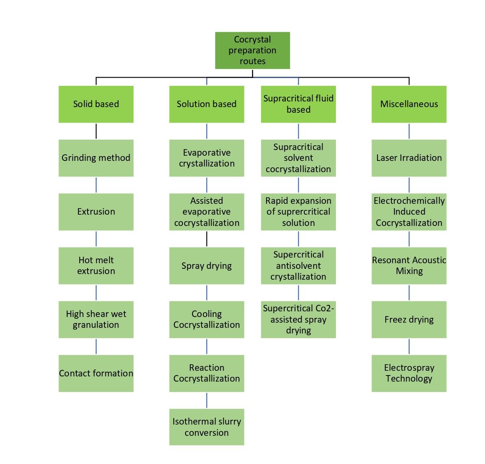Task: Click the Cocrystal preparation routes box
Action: tap(252, 50)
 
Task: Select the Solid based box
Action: tap(96, 104)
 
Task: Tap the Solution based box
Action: tap(206, 104)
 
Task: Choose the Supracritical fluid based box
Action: tap(298, 104)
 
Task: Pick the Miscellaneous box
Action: tap(409, 104)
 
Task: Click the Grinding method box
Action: tap(96, 158)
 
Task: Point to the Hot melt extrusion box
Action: tap(96, 265)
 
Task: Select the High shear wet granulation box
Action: tap(96, 319)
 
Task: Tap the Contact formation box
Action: tap(96, 373)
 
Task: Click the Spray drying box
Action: tap(206, 265)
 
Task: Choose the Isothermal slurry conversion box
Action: tap(206, 427)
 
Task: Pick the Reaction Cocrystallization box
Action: tap(206, 373)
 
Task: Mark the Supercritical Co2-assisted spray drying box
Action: tap(298, 319)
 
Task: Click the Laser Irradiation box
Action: tap(409, 158)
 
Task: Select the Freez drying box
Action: tap(409, 319)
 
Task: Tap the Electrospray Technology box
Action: tap(409, 373)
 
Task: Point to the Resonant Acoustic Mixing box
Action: tap(409, 265)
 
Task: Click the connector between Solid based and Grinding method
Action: tap(96, 131)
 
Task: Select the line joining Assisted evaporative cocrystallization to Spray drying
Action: tap(207, 239)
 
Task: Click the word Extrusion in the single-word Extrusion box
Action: tap(96, 212)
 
